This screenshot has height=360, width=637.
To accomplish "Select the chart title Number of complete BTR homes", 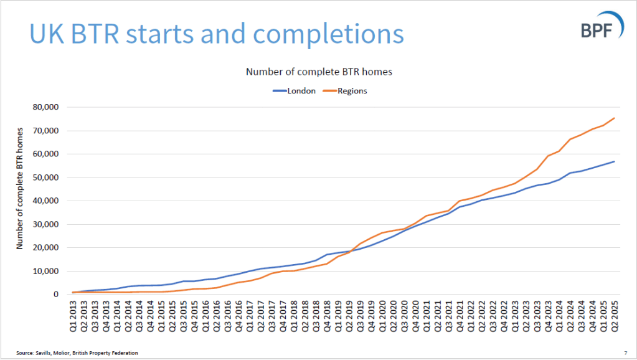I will pos(319,72).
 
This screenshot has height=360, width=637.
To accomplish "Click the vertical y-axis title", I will pos(20,188).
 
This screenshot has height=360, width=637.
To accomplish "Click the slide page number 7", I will pos(625,353).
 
